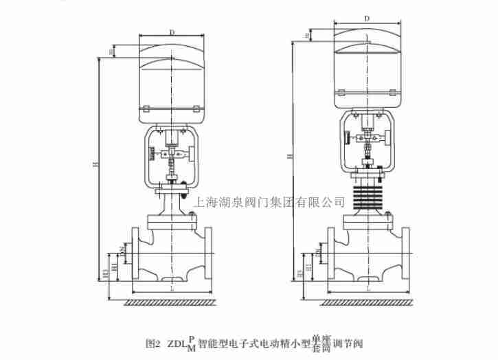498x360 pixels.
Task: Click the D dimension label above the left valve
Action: click(x=172, y=31)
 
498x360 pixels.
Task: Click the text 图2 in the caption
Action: click(x=153, y=342)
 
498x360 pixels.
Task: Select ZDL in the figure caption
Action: click(x=177, y=342)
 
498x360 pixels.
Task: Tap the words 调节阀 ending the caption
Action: click(x=348, y=342)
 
